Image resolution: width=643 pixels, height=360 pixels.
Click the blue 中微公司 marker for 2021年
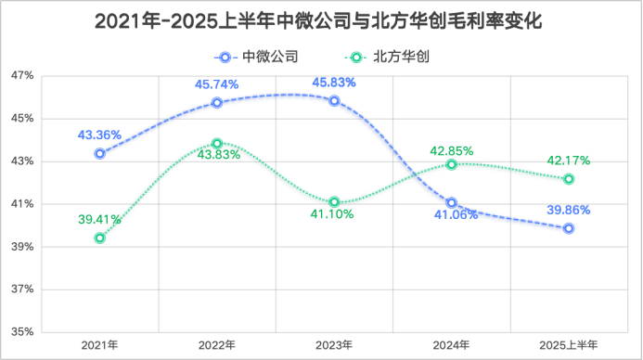click(x=99, y=153)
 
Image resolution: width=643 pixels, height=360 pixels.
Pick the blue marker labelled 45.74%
click(x=217, y=103)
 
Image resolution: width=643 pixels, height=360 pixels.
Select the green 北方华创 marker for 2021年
click(x=99, y=238)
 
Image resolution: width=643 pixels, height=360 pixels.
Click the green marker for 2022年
click(x=217, y=144)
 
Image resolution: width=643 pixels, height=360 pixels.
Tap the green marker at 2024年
click(x=452, y=164)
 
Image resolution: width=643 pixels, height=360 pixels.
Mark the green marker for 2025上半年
click(x=569, y=178)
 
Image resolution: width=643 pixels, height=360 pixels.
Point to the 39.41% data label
click(x=99, y=220)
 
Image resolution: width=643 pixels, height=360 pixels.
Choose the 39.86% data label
click(x=569, y=211)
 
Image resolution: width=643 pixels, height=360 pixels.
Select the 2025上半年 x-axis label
click(x=569, y=346)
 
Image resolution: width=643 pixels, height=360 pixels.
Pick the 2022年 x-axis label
click(x=217, y=346)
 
